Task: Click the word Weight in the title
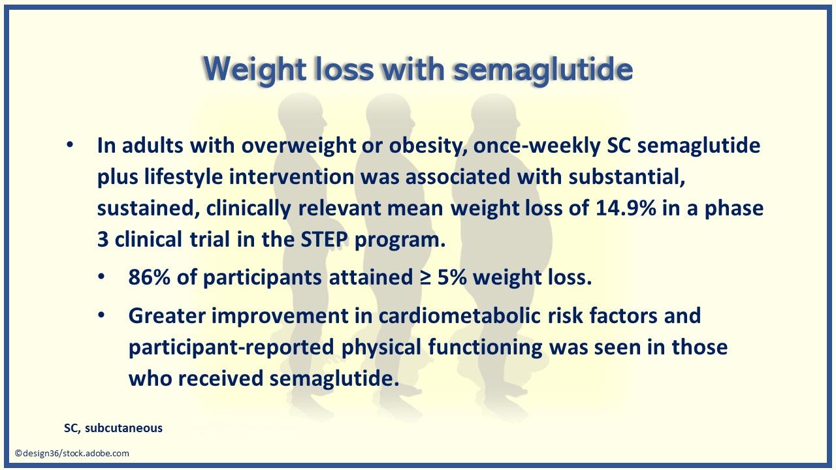pyautogui.click(x=255, y=70)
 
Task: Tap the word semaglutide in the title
pyautogui.click(x=543, y=69)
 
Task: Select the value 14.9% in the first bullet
pyautogui.click(x=626, y=208)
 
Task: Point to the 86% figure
pyautogui.click(x=149, y=277)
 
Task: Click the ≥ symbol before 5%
pyautogui.click(x=425, y=277)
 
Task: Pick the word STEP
pyautogui.click(x=324, y=239)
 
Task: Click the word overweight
pyautogui.click(x=298, y=146)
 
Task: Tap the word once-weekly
pyautogui.click(x=537, y=146)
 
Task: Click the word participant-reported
pyautogui.click(x=231, y=347)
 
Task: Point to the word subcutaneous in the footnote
pyautogui.click(x=123, y=428)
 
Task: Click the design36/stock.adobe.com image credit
pyautogui.click(x=72, y=453)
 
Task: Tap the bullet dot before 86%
pyautogui.click(x=101, y=278)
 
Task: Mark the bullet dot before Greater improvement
pyautogui.click(x=101, y=315)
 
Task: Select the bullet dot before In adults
pyautogui.click(x=70, y=145)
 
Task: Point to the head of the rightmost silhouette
pyautogui.click(x=493, y=112)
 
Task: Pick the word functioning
pyautogui.click(x=485, y=347)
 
